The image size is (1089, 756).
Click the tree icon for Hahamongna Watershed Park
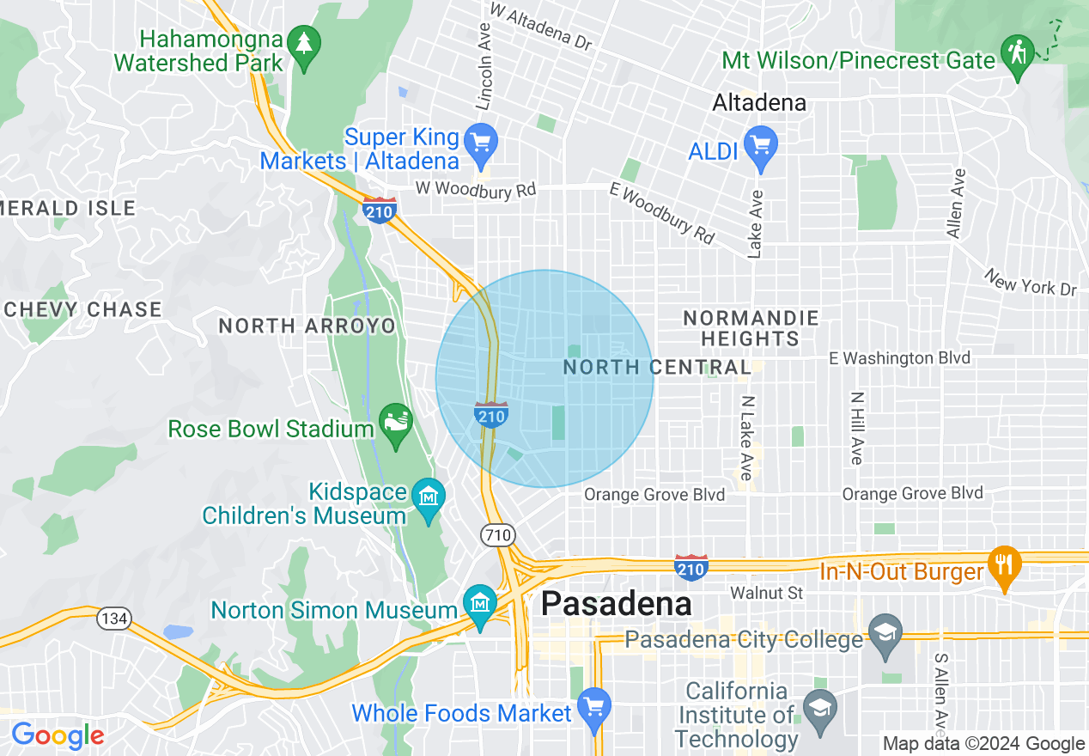click(302, 44)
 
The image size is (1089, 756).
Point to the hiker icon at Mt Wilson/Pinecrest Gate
click(1018, 52)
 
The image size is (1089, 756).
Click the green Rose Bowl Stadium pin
click(396, 424)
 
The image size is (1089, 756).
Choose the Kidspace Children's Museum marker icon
click(428, 497)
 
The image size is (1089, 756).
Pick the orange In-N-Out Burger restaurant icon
click(1004, 564)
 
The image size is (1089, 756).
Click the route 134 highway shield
click(113, 619)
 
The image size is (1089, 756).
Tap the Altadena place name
click(759, 103)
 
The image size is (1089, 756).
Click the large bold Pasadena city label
click(616, 603)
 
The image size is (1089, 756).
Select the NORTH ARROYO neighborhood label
click(307, 326)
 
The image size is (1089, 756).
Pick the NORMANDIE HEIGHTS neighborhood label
click(751, 328)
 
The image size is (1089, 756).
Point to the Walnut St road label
click(766, 593)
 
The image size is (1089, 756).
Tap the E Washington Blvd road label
click(900, 358)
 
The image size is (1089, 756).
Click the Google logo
click(57, 736)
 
